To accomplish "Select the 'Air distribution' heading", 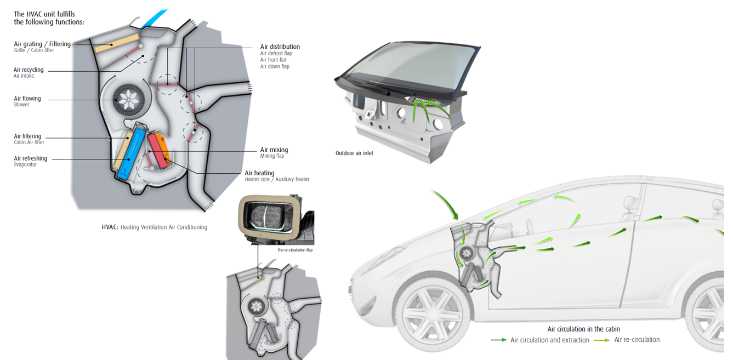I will coord(280,47).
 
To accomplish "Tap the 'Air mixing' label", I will coord(274,150).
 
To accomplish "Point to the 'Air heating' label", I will coord(259,173).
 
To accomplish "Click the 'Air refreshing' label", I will coord(30,158).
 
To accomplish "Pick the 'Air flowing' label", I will coord(27,99).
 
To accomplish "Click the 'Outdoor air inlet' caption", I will coord(354,153).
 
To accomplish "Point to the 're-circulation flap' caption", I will coord(294,250).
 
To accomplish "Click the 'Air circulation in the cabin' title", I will coord(583,329).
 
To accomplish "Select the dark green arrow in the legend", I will coord(498,340).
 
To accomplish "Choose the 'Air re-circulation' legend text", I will coord(637,340).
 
